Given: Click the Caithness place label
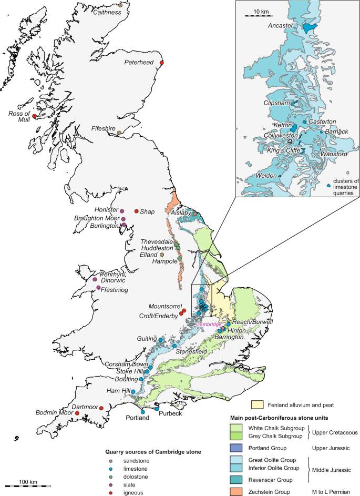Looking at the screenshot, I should click(x=107, y=13).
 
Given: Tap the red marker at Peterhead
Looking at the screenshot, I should click(x=162, y=64).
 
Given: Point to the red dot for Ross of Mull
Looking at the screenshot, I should click(x=35, y=116).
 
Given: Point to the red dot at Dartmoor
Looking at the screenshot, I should click(x=101, y=408).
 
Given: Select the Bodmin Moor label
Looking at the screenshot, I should click(x=54, y=414).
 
